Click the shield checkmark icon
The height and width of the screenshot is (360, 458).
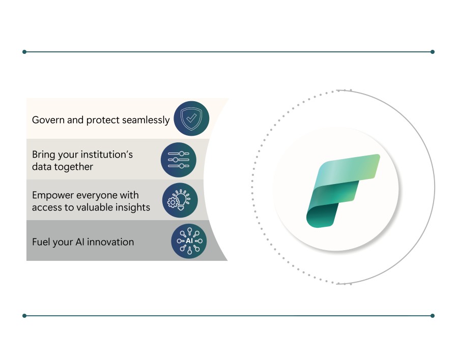pyautogui.click(x=191, y=119)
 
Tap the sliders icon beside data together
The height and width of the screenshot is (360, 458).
pyautogui.click(x=179, y=160)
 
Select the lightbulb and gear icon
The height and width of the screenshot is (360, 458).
pyautogui.click(x=180, y=200)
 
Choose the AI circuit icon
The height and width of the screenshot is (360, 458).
pyautogui.click(x=189, y=241)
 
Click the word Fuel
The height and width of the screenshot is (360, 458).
pyautogui.click(x=40, y=242)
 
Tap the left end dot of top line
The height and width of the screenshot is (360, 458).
pyautogui.click(x=24, y=52)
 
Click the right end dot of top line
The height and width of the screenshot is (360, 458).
pyautogui.click(x=433, y=52)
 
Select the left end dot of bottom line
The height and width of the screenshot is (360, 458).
pyautogui.click(x=24, y=316)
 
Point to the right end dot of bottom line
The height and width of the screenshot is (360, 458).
pyautogui.click(x=433, y=316)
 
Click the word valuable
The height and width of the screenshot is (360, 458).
pyautogui.click(x=94, y=207)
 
